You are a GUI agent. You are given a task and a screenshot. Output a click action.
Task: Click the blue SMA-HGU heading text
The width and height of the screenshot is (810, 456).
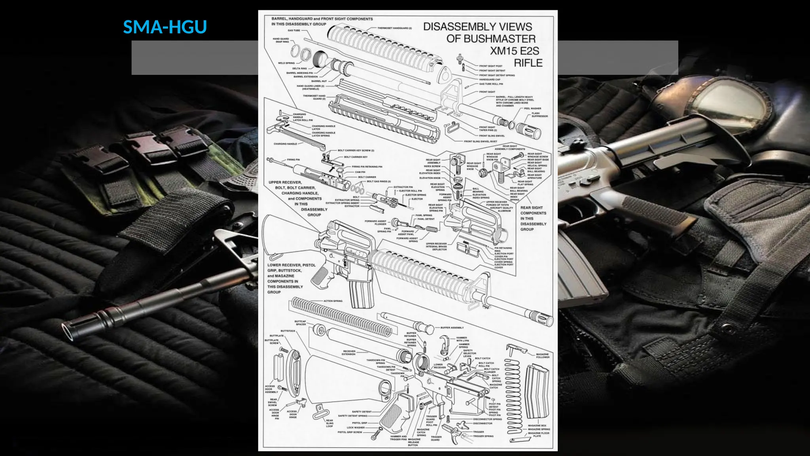(x=165, y=27)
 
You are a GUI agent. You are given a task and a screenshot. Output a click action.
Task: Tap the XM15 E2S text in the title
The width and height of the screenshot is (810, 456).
(x=515, y=51)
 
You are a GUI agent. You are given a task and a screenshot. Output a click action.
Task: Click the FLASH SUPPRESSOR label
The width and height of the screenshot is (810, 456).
(x=539, y=115)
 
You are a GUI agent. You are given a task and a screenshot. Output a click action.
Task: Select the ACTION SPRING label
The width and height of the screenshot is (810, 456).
(x=333, y=301)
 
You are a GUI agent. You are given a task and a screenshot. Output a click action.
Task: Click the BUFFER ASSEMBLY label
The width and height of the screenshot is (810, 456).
(x=452, y=328)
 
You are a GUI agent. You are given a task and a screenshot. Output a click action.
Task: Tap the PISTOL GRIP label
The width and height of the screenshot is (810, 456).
(x=359, y=423)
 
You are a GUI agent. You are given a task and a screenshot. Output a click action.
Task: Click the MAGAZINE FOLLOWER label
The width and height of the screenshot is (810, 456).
(x=542, y=355)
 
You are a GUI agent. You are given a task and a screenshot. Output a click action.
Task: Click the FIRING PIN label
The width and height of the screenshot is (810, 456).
(x=293, y=160)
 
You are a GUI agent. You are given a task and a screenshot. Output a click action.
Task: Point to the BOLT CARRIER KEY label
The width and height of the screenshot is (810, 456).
(x=356, y=157)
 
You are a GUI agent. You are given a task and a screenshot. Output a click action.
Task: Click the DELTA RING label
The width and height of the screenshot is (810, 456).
(x=299, y=68)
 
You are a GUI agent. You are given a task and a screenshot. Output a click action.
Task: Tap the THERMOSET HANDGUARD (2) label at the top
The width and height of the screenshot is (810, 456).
(x=394, y=28)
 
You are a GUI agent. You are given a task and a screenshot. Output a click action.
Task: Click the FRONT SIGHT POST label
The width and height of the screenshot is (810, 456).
(x=490, y=66)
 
